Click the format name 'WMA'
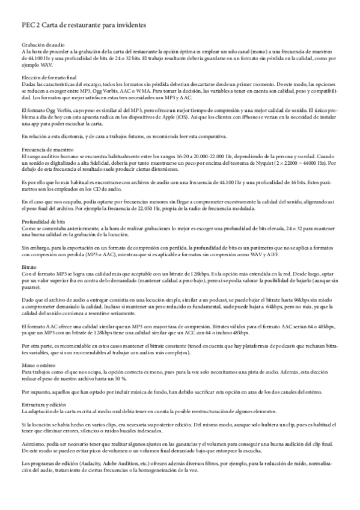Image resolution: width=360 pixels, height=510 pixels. tap(151, 89)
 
